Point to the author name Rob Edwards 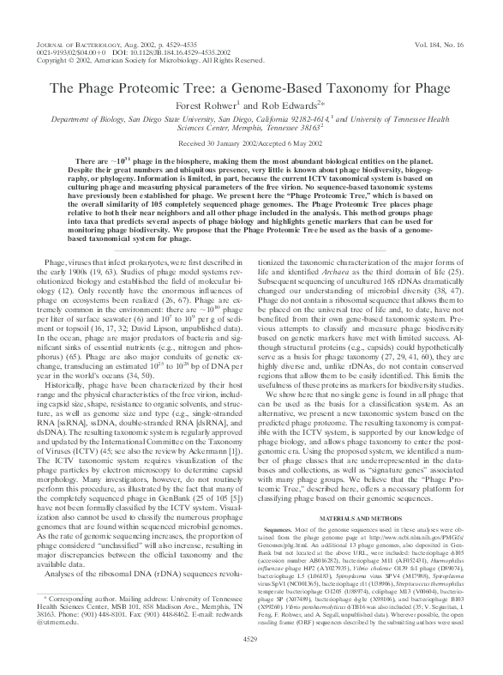283,108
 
